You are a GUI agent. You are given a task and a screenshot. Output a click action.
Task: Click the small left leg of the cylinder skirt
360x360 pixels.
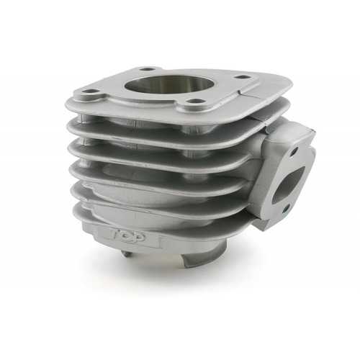[x=127, y=253]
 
